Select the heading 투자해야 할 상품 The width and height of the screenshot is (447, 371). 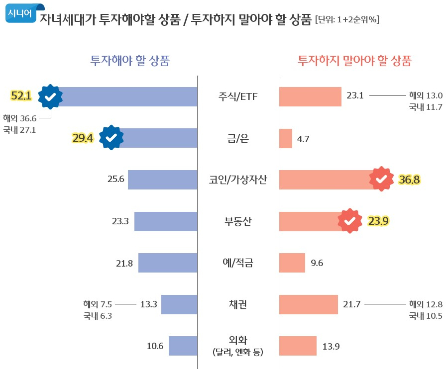coord(130,61)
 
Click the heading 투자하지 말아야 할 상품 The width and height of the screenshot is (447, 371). coord(354,61)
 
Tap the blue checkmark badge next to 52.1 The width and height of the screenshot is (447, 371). coord(50,96)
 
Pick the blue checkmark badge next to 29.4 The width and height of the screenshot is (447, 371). coord(111,138)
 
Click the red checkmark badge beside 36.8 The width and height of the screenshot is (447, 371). coord(381,179)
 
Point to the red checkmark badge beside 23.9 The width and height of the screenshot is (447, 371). coord(350,221)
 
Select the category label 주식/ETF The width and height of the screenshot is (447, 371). coord(238,96)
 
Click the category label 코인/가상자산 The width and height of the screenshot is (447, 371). coord(238,180)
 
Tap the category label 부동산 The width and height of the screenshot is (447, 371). coord(238,221)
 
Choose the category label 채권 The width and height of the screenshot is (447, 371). coord(238,304)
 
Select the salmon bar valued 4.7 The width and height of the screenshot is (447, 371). coord(285,138)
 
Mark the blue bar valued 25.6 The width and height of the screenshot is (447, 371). coord(162,180)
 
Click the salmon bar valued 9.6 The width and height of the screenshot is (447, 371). coord(292,263)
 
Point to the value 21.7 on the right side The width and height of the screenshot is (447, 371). coord(351,304)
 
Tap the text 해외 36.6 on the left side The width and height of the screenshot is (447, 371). coord(20,118)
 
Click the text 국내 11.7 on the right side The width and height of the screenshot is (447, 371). coord(426,107)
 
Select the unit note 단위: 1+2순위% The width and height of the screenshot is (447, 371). coord(347,20)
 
